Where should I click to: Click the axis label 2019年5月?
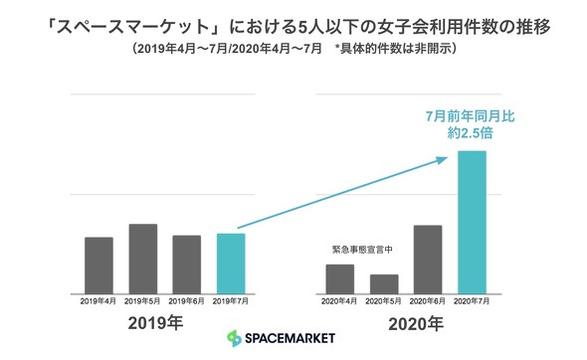pos(143,299)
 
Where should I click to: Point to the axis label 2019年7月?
pos(230,299)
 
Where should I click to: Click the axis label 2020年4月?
pos(340,299)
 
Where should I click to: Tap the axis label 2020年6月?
pos(428,299)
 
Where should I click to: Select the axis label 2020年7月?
pos(472,299)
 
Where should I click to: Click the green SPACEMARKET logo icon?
pos(235,339)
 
